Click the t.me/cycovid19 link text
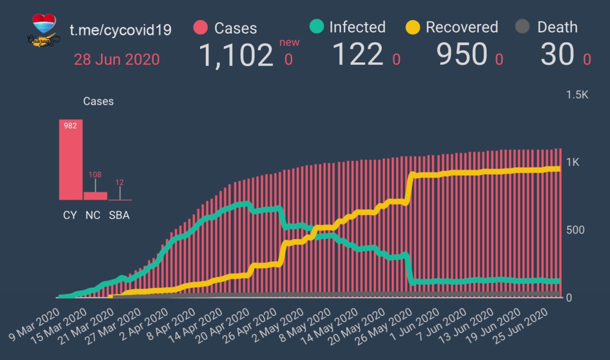[x=121, y=30]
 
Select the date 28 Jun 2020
[x=117, y=60]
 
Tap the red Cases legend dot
[x=201, y=28]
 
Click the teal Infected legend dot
[x=316, y=27]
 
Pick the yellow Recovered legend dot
[x=413, y=27]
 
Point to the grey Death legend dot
[x=523, y=27]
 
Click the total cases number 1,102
[x=235, y=55]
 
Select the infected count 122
[x=357, y=54]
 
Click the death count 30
[x=557, y=55]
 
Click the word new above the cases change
[x=289, y=42]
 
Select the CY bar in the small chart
[x=71, y=160]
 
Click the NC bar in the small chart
[x=95, y=195]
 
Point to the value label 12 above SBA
[x=120, y=182]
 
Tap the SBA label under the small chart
[x=119, y=215]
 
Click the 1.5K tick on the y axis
[x=577, y=95]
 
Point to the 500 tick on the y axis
[x=575, y=230]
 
